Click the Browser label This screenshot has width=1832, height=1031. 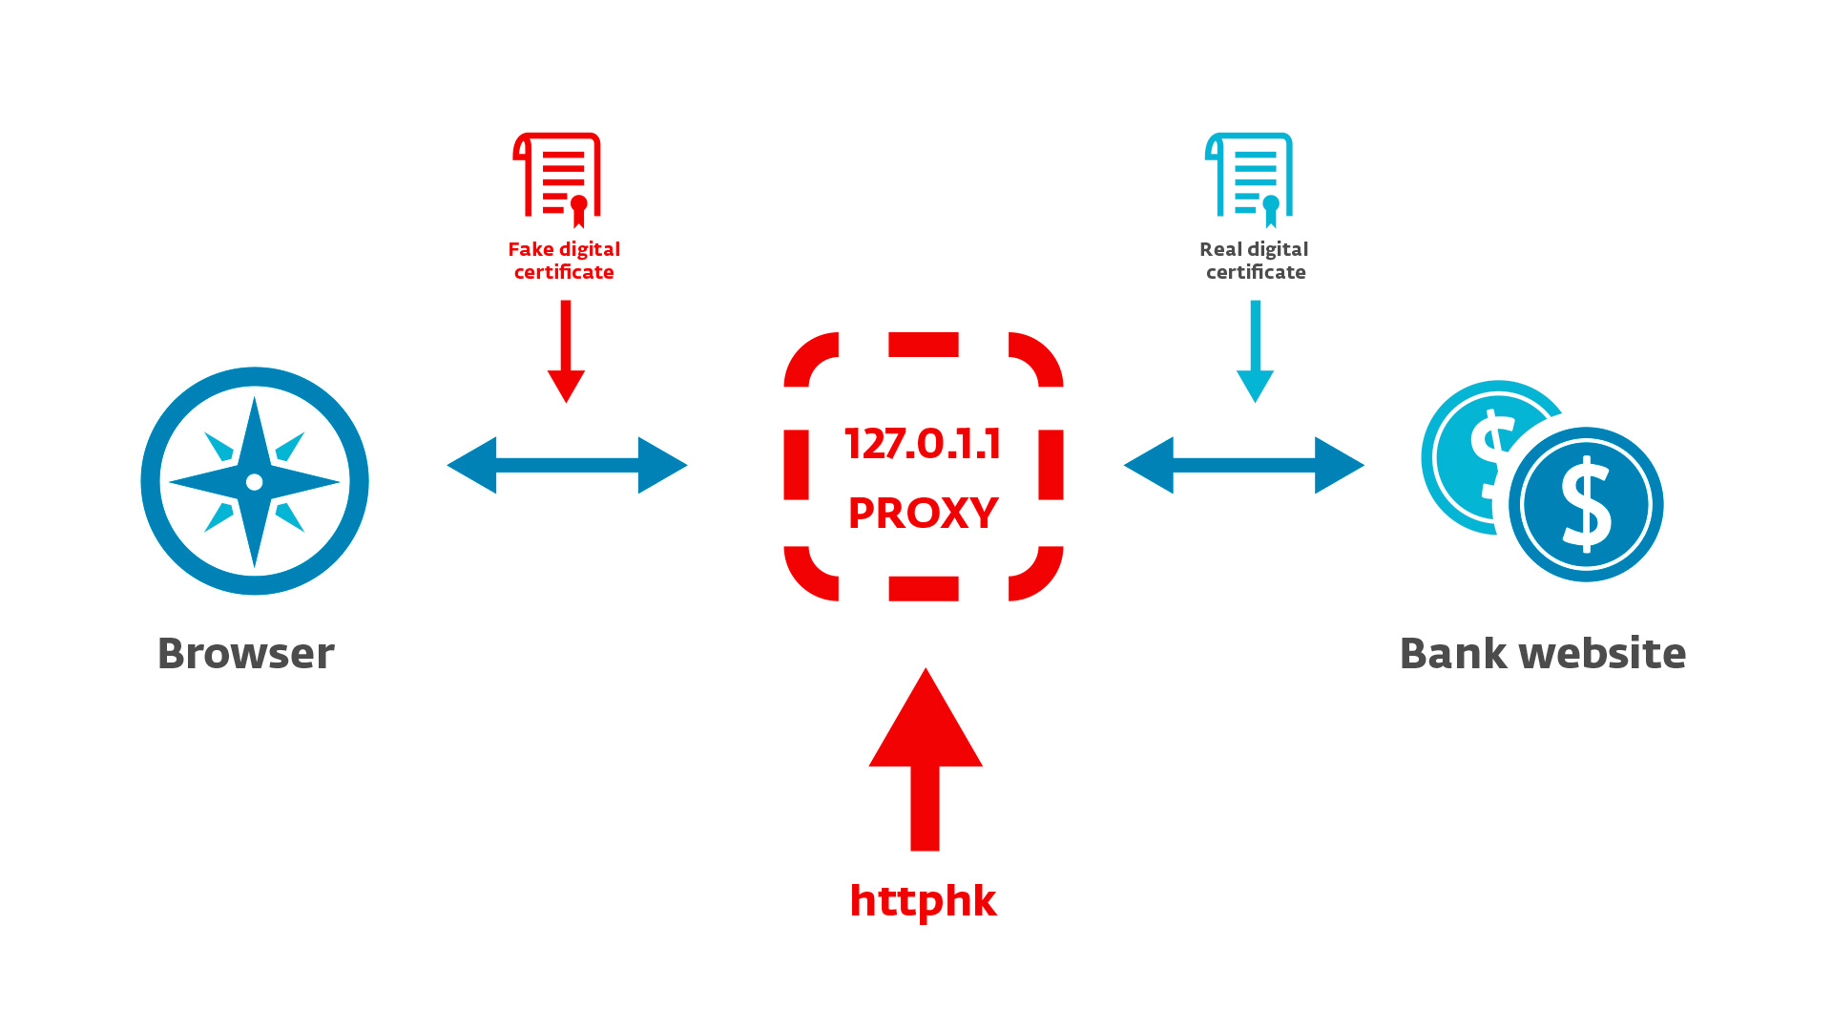[x=246, y=654]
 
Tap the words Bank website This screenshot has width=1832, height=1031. [x=1542, y=654]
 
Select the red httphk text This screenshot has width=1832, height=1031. [x=923, y=900]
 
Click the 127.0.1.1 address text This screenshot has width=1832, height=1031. [x=923, y=444]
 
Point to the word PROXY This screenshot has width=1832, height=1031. [x=923, y=513]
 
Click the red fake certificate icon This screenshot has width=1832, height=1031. [x=558, y=177]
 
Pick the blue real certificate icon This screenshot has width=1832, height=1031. [x=1250, y=177]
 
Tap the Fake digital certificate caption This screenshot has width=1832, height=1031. [x=564, y=261]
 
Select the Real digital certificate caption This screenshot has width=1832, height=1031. [x=1255, y=261]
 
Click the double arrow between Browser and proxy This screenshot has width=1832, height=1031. [x=567, y=465]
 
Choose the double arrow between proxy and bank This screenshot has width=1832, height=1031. [x=1244, y=465]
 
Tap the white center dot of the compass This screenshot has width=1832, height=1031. [x=255, y=482]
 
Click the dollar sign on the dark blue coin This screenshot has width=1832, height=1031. [x=1586, y=504]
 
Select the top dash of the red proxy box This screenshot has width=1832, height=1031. [x=923, y=345]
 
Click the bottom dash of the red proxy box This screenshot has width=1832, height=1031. [x=923, y=588]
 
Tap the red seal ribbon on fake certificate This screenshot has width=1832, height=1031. [x=578, y=212]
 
